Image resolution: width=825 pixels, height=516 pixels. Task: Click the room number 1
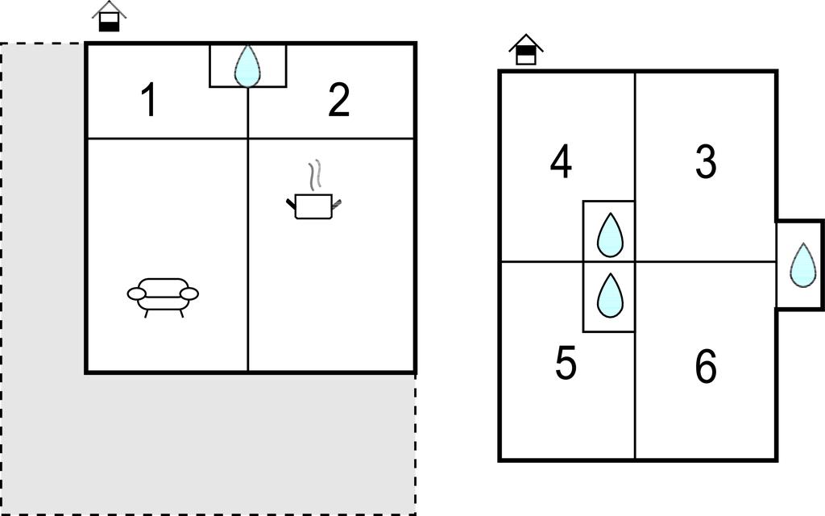[148, 102]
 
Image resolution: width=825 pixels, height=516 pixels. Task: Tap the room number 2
[339, 101]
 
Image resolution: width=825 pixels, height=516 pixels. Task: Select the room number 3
[706, 162]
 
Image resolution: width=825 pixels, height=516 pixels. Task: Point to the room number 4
[562, 162]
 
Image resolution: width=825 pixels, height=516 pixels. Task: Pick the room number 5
[566, 364]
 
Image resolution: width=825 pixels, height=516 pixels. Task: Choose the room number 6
[706, 368]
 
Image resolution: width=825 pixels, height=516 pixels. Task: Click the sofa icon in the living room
[163, 297]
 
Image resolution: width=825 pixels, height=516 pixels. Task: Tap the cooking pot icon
[313, 206]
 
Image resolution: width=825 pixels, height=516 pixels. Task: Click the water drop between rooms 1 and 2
[247, 65]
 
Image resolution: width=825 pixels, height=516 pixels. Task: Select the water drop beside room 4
[610, 235]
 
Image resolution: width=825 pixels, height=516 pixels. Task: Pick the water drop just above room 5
[610, 295]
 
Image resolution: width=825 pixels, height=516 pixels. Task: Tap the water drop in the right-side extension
[802, 264]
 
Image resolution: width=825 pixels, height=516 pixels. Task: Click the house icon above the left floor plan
[109, 17]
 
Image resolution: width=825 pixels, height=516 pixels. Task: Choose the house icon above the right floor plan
[525, 50]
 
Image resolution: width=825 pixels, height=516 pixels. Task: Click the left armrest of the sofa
[136, 294]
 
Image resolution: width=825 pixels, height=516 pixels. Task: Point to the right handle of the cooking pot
[337, 202]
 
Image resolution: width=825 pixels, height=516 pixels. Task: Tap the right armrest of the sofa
[189, 294]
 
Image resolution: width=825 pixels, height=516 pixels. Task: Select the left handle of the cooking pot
[291, 203]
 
